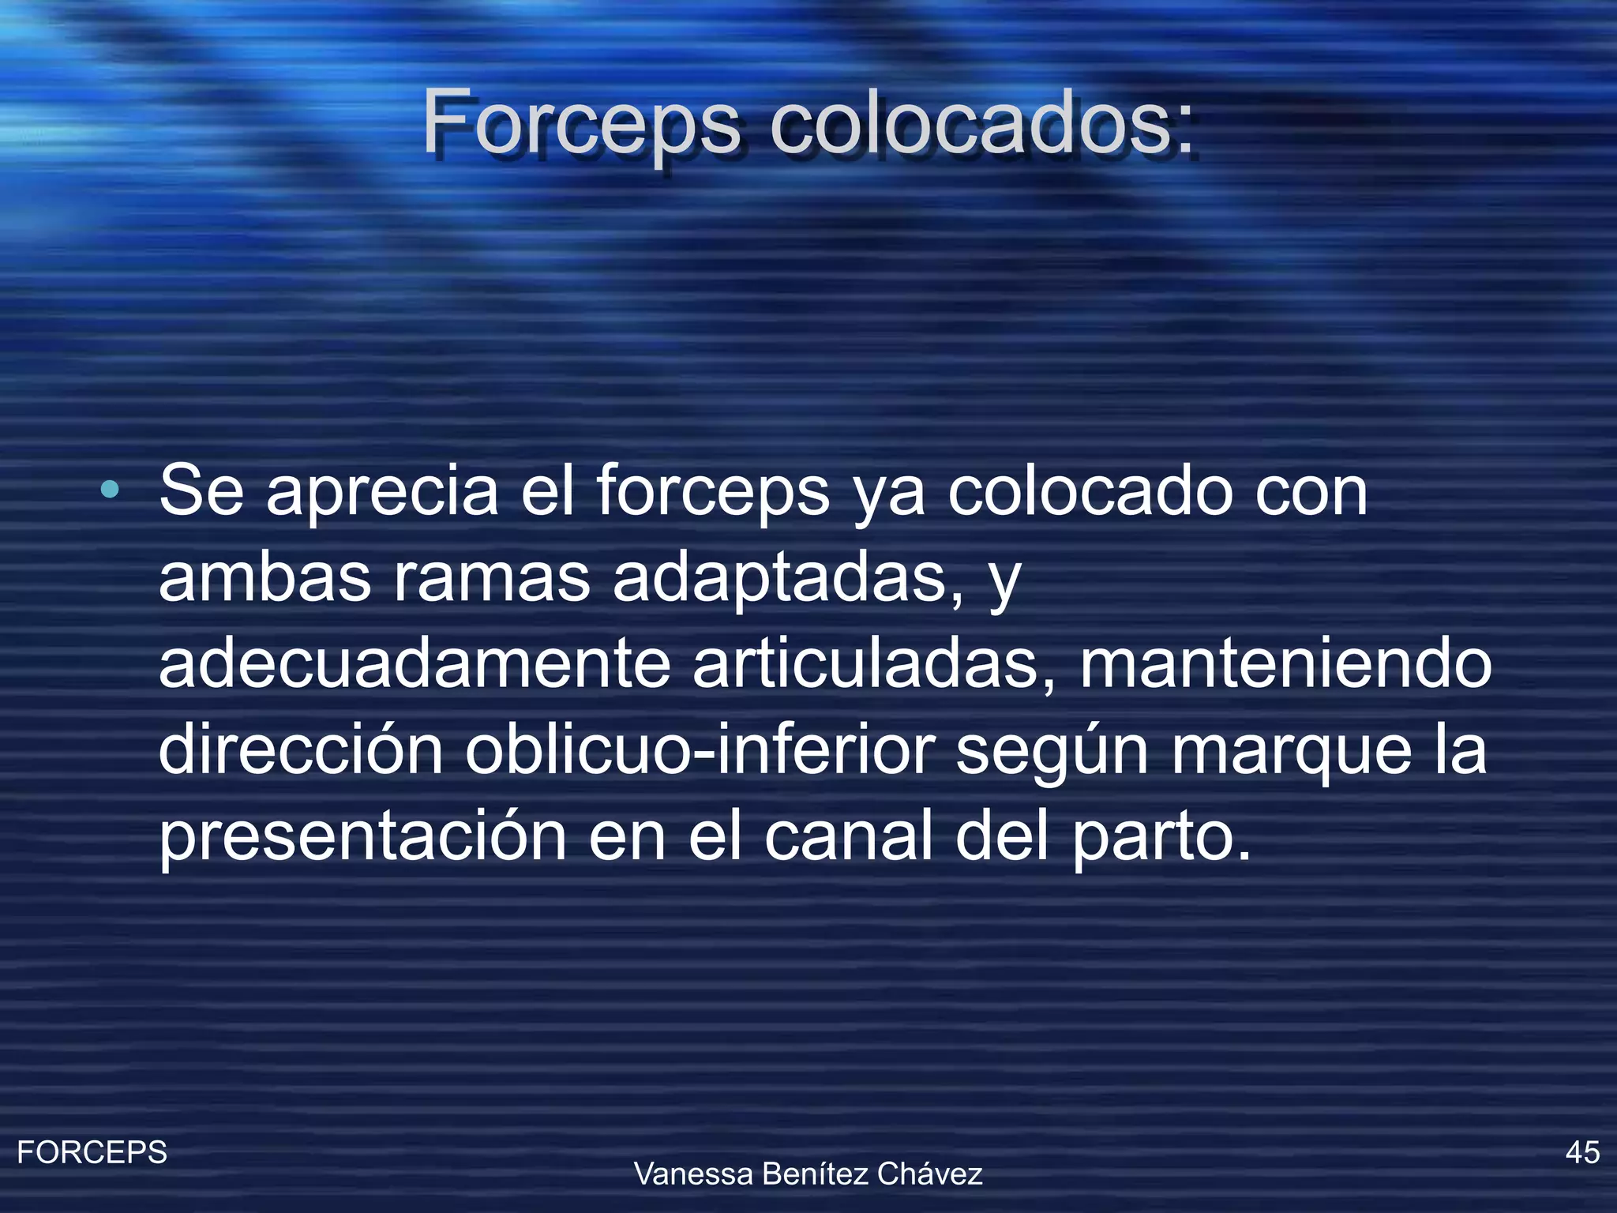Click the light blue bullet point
click(111, 490)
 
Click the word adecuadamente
click(415, 664)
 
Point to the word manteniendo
click(1285, 664)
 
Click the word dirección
click(301, 750)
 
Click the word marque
click(1291, 750)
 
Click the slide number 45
click(1582, 1153)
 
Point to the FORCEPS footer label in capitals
click(92, 1153)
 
